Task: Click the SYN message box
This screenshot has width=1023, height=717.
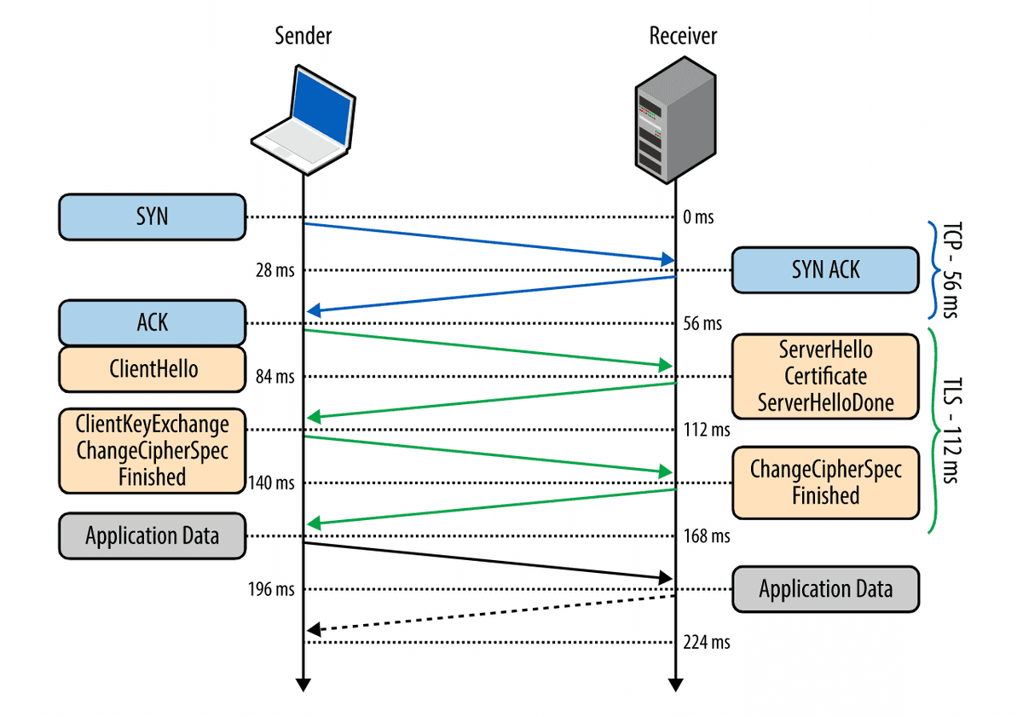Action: point(152,217)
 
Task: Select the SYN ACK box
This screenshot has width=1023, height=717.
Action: point(825,270)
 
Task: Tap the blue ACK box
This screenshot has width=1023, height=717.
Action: point(152,323)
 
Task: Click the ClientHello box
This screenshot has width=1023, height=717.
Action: point(152,368)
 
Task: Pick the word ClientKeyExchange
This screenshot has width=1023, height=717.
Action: point(152,425)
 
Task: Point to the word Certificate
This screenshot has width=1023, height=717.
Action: point(825,376)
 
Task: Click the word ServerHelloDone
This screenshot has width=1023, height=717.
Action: point(825,402)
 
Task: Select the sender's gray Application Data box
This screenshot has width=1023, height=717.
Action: point(152,536)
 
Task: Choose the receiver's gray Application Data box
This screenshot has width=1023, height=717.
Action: point(825,589)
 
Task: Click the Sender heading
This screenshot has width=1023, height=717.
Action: point(303,36)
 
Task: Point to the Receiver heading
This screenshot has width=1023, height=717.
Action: point(683,36)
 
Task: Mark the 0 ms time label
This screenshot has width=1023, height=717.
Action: point(698,217)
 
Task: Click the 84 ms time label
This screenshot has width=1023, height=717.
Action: point(275,376)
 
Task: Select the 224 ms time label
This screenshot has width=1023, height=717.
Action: point(707,642)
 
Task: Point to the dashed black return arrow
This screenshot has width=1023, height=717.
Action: point(491,613)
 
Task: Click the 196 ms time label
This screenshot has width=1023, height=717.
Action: point(272,589)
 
